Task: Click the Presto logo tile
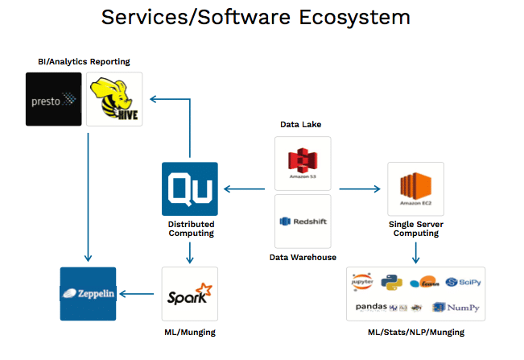[54, 99]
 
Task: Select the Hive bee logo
[114, 99]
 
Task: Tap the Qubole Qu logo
[189, 190]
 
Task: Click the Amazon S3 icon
[303, 163]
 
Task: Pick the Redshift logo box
[303, 221]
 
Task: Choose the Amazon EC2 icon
[415, 190]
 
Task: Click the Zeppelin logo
[89, 294]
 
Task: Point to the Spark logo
[189, 295]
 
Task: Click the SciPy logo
[463, 282]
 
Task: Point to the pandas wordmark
[371, 307]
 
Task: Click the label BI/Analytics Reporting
[83, 62]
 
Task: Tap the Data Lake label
[302, 125]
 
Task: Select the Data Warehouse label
[303, 258]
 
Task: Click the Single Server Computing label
[415, 228]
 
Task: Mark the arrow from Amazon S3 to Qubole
[245, 189]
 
